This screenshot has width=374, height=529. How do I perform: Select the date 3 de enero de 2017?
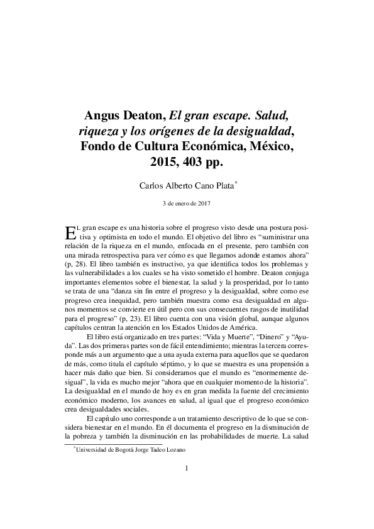click(x=187, y=203)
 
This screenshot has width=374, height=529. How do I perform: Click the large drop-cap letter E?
click(x=70, y=232)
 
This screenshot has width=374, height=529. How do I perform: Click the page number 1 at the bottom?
click(x=187, y=486)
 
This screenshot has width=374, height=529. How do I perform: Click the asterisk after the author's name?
click(x=236, y=182)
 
